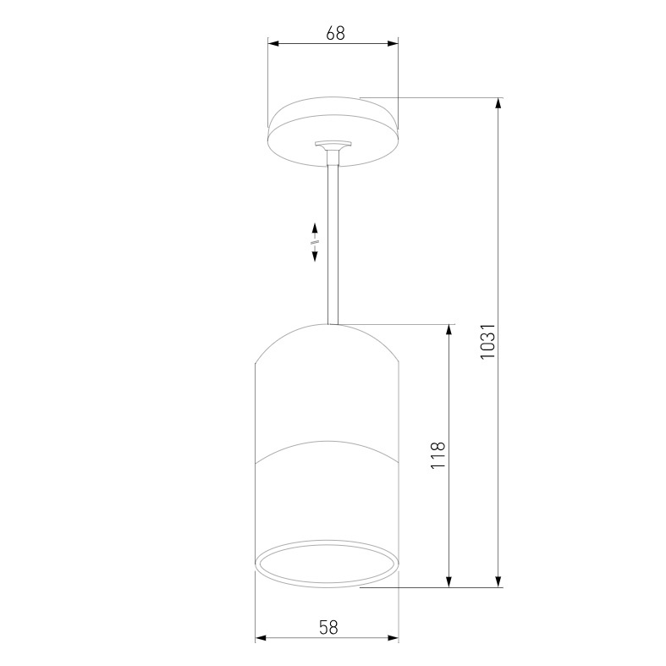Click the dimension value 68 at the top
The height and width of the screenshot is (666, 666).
(335, 33)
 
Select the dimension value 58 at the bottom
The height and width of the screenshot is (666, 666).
(329, 627)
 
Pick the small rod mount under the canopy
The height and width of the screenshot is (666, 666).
(332, 150)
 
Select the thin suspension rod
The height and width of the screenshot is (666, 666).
(332, 245)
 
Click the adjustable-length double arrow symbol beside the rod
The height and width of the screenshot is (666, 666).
(314, 243)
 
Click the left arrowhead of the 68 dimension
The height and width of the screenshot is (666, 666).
(272, 45)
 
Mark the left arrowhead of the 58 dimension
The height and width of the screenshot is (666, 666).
(261, 639)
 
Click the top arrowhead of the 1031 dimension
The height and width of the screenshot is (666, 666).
(498, 103)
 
